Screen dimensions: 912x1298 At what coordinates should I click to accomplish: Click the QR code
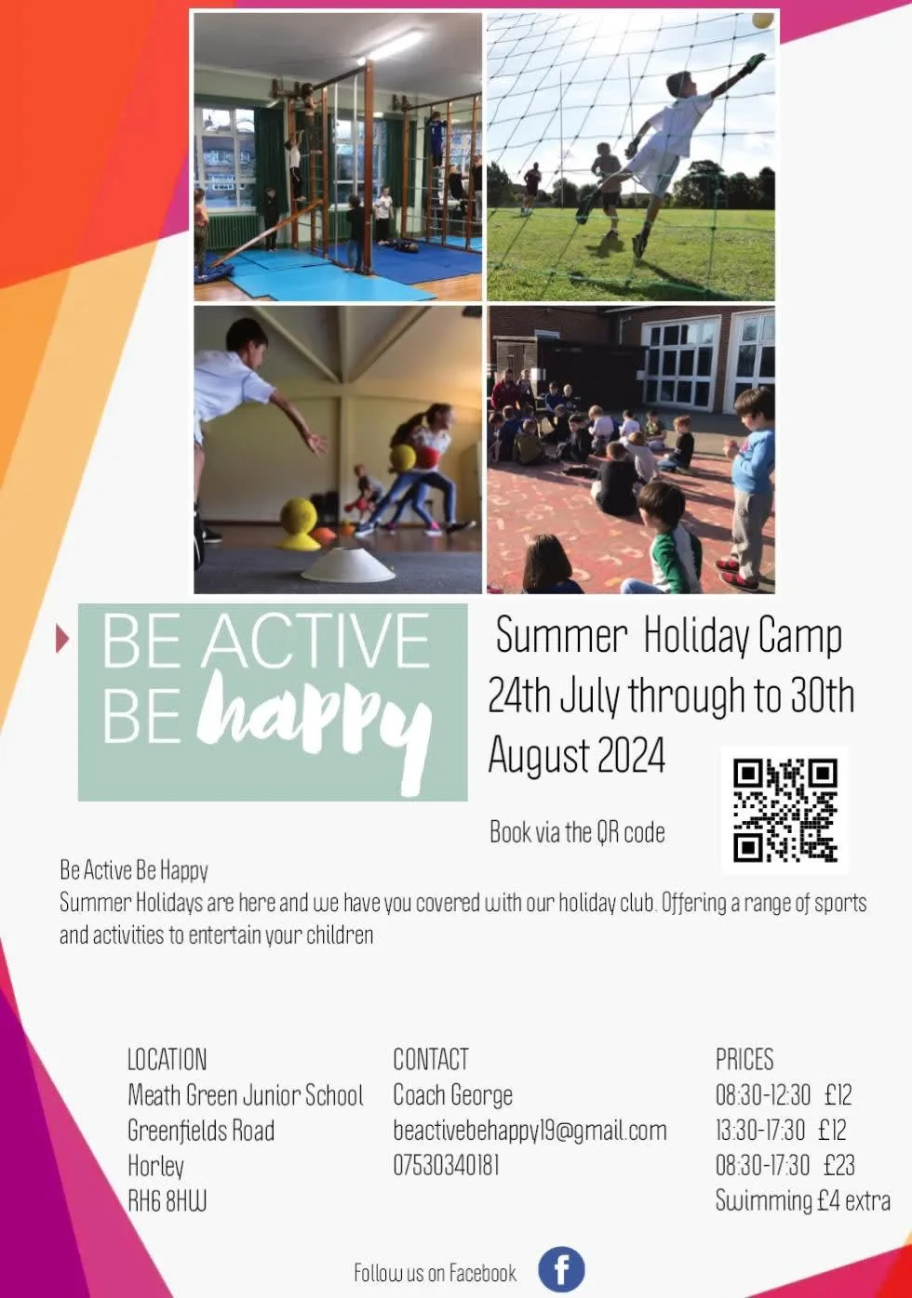(785, 810)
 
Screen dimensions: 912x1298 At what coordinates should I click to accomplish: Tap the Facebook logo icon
(561, 1269)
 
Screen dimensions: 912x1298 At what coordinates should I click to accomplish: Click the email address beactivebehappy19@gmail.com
(530, 1131)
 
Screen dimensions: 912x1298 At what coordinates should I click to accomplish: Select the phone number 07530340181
(446, 1165)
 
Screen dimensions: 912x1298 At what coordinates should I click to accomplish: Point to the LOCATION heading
(168, 1059)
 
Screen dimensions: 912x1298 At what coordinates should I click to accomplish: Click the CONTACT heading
(431, 1059)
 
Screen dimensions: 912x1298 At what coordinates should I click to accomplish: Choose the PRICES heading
(744, 1059)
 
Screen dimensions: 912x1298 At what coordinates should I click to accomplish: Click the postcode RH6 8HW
(168, 1201)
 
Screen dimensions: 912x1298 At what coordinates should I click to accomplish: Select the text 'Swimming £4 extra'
(803, 1200)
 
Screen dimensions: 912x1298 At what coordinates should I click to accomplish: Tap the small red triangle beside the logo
(62, 639)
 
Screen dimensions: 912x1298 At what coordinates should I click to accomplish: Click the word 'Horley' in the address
(155, 1167)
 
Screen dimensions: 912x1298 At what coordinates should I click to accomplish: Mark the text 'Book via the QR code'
(577, 832)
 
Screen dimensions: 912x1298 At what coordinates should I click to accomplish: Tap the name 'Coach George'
(452, 1095)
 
